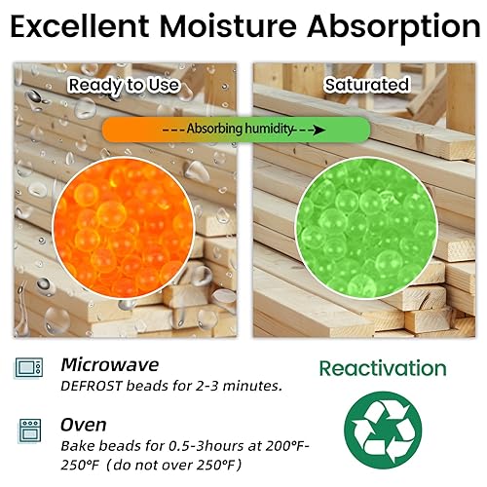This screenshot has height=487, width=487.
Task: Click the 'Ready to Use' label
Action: coord(124,85)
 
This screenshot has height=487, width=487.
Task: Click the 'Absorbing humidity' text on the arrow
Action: coord(242,129)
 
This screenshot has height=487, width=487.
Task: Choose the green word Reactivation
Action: coord(383,369)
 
